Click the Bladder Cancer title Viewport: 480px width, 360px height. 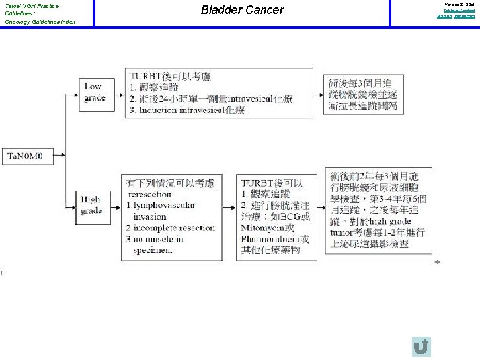point(242,10)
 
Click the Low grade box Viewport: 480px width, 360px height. point(94,92)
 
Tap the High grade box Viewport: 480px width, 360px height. point(91,204)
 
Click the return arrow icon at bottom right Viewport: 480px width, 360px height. point(420,346)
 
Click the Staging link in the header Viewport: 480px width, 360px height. point(444,16)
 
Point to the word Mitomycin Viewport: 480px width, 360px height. point(263,227)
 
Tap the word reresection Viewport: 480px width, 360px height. point(149,194)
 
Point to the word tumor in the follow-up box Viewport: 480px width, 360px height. point(344,232)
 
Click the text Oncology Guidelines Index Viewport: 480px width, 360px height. point(40,22)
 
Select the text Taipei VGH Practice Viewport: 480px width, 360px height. point(32,6)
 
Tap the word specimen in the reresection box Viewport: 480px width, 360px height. point(153,250)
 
